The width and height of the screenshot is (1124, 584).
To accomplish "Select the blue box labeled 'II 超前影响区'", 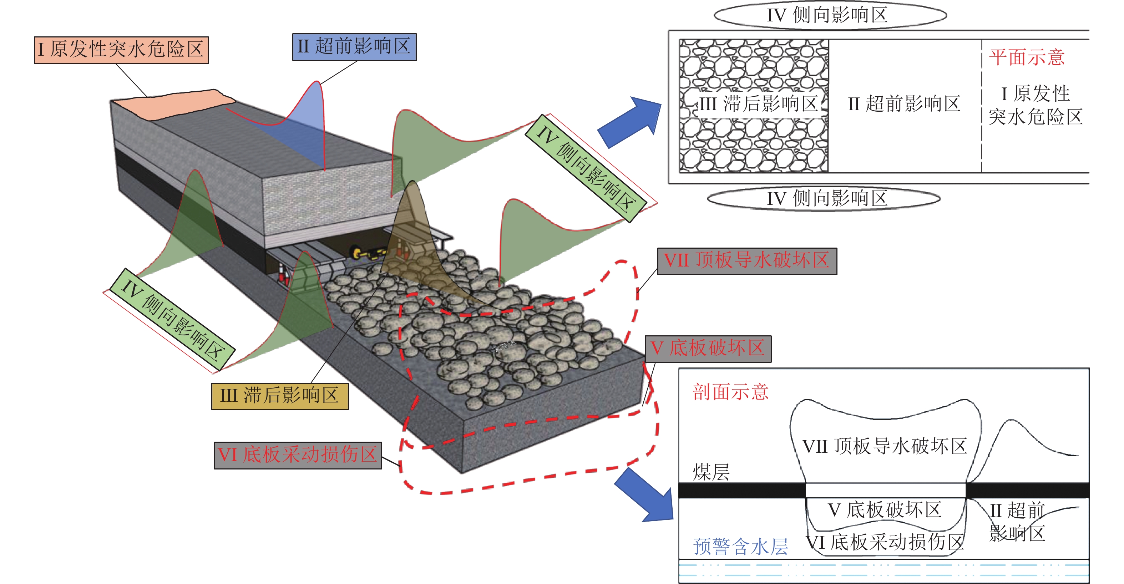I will pos(354,47).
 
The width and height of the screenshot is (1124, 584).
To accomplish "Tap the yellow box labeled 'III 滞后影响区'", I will pos(280,396).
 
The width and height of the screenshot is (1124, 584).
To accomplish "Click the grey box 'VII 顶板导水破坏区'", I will pos(746,261).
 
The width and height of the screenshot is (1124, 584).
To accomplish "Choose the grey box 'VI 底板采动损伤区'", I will pos(298,455).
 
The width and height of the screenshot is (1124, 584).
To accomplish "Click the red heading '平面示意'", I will pos(1026,57).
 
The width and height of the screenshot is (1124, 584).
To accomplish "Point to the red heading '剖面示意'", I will pos(730,392).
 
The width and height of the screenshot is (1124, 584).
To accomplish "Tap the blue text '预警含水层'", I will pos(740,547).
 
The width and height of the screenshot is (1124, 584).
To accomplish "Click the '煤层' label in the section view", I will pos(711,472).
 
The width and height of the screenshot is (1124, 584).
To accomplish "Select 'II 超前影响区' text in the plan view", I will pos(903,104).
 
